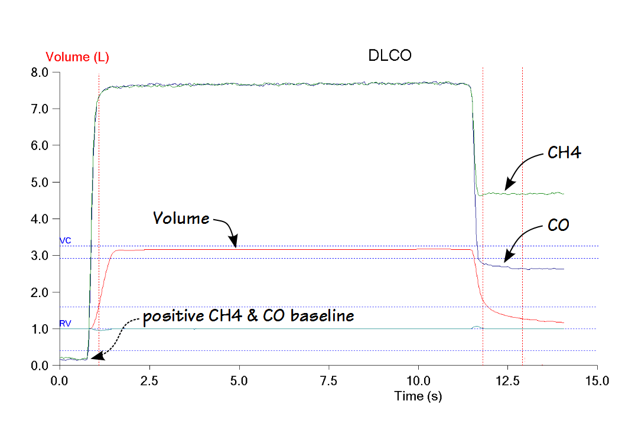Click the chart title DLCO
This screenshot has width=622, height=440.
[389, 56]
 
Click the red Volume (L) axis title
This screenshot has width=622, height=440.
[77, 57]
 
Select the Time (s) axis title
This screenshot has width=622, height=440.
[418, 396]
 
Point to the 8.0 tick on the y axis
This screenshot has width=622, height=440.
[46, 73]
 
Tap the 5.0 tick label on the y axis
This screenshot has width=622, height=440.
[46, 182]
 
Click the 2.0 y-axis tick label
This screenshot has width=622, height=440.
[46, 292]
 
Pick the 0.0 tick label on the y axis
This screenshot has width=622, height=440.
[46, 366]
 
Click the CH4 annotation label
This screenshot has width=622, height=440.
[564, 154]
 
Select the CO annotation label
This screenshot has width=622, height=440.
[558, 225]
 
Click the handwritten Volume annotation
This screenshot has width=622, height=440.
[181, 219]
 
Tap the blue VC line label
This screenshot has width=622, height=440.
[65, 241]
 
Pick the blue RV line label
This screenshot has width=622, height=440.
[65, 324]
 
